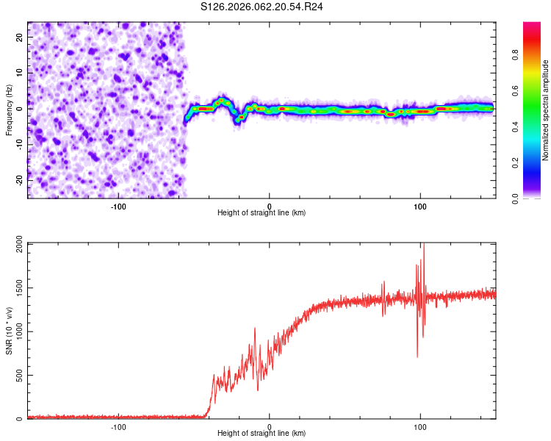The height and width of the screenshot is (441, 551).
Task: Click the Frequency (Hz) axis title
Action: click(x=9, y=110)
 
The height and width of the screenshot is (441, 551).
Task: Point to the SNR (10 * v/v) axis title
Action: click(x=9, y=331)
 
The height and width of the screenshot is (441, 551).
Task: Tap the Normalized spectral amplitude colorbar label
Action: click(x=546, y=110)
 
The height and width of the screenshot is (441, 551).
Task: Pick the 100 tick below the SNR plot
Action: click(x=420, y=426)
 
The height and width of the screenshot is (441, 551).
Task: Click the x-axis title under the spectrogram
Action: click(x=262, y=213)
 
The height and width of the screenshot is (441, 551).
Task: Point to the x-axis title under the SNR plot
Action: click(x=262, y=434)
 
